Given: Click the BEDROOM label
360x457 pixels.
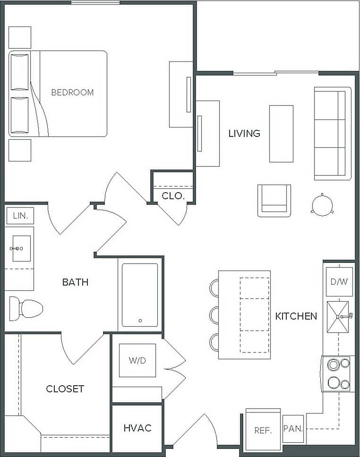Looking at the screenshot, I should (x=72, y=93).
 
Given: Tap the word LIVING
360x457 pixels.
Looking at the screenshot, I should (x=244, y=134).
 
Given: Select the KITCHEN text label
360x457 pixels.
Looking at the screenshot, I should (x=296, y=316).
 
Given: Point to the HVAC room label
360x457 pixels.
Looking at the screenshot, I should (x=137, y=428).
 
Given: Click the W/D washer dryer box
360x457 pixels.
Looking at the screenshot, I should (x=137, y=361).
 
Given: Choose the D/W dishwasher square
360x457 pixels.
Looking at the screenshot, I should (x=339, y=282).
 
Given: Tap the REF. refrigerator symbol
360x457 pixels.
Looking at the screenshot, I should (x=263, y=430).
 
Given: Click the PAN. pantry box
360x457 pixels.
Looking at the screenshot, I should (x=293, y=429).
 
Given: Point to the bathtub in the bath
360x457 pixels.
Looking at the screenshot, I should (x=140, y=295).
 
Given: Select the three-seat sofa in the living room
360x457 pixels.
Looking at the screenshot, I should (x=333, y=133).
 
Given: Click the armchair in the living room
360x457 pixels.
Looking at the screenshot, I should (x=274, y=200).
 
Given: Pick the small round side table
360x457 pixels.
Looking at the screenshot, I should (x=322, y=205).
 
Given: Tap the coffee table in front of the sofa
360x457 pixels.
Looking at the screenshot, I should (x=281, y=134).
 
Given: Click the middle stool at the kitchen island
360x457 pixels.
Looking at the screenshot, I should (x=214, y=315).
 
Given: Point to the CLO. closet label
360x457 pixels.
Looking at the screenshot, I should (x=173, y=195).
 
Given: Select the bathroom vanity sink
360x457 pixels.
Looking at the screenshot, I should (x=20, y=248).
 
